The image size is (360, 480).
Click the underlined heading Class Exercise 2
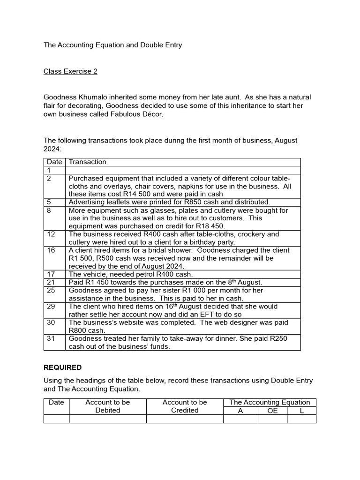(x=71, y=71)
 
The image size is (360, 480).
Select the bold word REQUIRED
(x=62, y=367)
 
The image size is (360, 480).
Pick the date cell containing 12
(x=51, y=234)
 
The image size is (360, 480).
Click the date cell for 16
(x=51, y=250)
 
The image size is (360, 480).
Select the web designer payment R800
(x=77, y=330)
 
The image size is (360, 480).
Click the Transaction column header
(x=88, y=162)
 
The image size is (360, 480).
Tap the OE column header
(x=272, y=410)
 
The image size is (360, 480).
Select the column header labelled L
(x=301, y=410)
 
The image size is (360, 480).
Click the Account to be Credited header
(x=185, y=406)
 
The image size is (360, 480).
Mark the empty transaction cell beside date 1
(x=183, y=170)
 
